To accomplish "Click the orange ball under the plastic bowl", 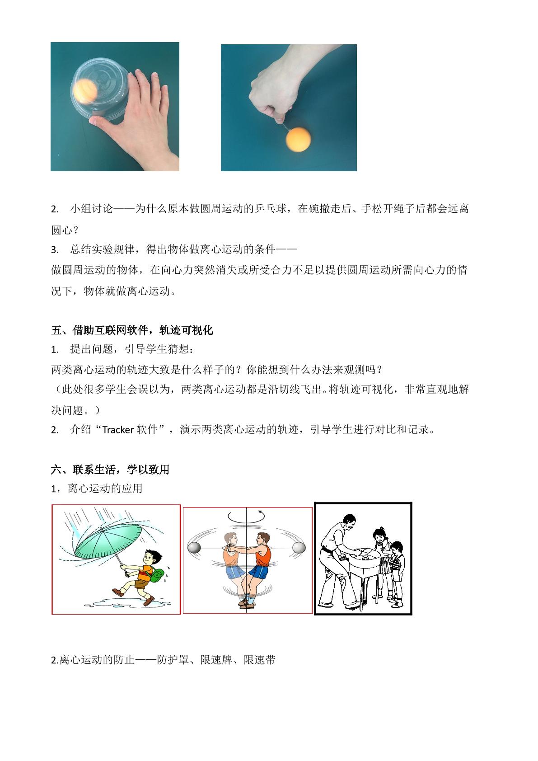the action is pyautogui.click(x=85, y=91).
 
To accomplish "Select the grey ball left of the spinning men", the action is pyautogui.click(x=194, y=548).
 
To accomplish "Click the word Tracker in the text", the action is pyautogui.click(x=118, y=430).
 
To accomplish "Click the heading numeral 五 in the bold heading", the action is pyautogui.click(x=57, y=330).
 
